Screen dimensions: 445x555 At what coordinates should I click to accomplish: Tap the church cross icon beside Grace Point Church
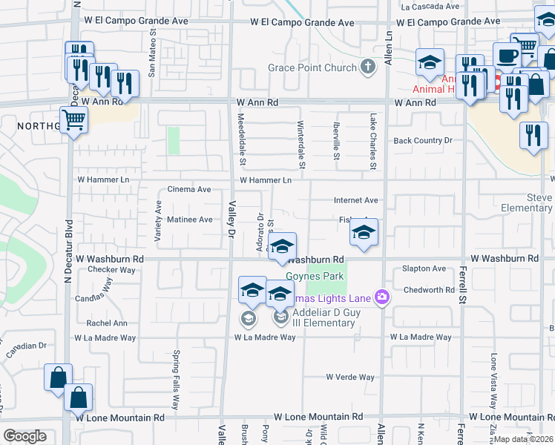(x=367, y=68)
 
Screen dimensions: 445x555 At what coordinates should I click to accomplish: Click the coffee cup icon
(x=507, y=56)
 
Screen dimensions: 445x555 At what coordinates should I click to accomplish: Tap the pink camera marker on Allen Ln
(x=382, y=297)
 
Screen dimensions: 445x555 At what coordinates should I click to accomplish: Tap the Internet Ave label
(x=356, y=200)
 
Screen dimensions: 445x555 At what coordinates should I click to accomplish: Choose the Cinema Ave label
(x=189, y=189)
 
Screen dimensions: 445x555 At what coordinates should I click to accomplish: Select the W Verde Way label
(x=350, y=377)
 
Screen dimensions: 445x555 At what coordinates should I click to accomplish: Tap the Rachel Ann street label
(x=107, y=323)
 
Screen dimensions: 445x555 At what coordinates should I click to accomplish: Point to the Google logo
(x=24, y=436)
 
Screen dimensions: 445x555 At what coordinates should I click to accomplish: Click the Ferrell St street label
(x=464, y=275)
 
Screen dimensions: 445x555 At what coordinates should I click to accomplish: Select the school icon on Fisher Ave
(x=364, y=233)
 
